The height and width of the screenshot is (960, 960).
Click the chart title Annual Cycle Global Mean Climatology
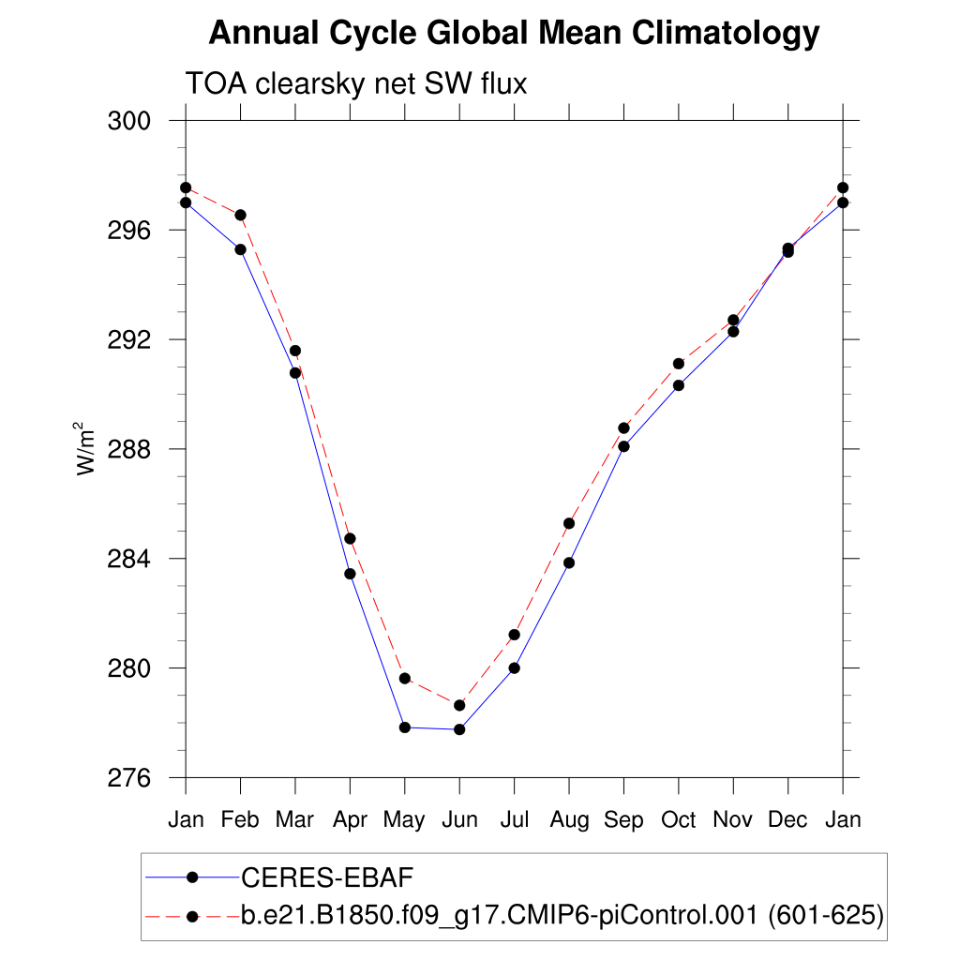[x=514, y=34]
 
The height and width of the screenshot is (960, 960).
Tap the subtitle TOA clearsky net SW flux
[x=356, y=83]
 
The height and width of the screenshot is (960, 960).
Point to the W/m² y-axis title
[x=87, y=448]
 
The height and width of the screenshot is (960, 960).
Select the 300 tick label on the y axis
[x=132, y=121]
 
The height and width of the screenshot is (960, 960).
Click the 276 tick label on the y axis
[x=132, y=778]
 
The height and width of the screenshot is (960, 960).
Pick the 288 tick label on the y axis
[x=132, y=449]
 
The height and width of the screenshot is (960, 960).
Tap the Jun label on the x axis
[x=459, y=820]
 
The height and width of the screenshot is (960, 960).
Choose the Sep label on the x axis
[x=623, y=820]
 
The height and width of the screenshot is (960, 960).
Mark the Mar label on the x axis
[x=295, y=819]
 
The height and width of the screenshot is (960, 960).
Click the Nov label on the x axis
[x=733, y=819]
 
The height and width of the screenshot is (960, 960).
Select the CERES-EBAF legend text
[x=327, y=877]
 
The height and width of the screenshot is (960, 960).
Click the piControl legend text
[x=562, y=916]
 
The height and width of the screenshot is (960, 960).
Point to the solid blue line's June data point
[x=459, y=729]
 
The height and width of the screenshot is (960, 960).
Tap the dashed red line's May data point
[x=405, y=678]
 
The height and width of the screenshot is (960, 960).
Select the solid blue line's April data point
[x=350, y=574]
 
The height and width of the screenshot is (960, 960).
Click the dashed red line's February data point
[x=241, y=215]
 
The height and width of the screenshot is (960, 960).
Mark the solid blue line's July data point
[x=514, y=667]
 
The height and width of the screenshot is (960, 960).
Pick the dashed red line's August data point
[x=569, y=523]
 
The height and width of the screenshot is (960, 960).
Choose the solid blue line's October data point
[x=678, y=385]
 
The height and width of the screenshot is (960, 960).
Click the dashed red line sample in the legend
[x=192, y=916]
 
